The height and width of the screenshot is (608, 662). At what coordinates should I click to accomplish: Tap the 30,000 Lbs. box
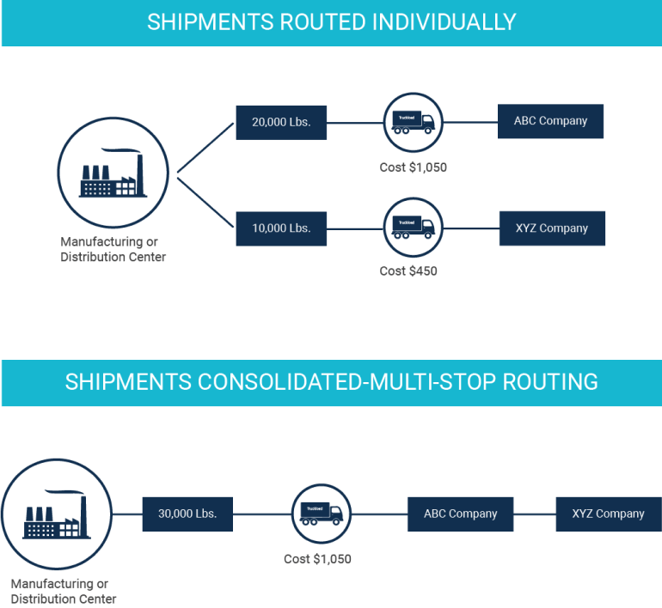click(187, 514)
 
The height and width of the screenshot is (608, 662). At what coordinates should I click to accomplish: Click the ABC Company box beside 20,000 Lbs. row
click(551, 121)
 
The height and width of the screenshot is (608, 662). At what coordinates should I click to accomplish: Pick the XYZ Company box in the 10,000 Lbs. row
click(551, 228)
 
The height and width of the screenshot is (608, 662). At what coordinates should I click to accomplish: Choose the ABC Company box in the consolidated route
click(460, 514)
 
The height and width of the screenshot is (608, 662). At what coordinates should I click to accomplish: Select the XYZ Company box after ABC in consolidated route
click(608, 514)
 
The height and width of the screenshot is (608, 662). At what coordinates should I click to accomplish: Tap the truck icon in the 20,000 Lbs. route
click(413, 121)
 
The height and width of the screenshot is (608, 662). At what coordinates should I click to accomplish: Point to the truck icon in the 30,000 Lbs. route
click(321, 514)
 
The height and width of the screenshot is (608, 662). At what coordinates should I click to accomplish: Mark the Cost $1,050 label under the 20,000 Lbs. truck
click(414, 167)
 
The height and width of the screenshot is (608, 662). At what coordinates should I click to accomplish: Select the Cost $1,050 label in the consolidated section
click(317, 559)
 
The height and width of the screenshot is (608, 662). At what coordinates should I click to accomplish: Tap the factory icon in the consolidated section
click(56, 513)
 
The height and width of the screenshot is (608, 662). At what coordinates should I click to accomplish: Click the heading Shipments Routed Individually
click(331, 22)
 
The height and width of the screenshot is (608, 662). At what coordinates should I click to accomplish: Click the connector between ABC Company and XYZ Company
click(534, 514)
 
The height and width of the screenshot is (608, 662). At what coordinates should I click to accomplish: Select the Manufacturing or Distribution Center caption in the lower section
click(63, 592)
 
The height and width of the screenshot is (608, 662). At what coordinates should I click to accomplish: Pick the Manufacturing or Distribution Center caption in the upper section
click(113, 249)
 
